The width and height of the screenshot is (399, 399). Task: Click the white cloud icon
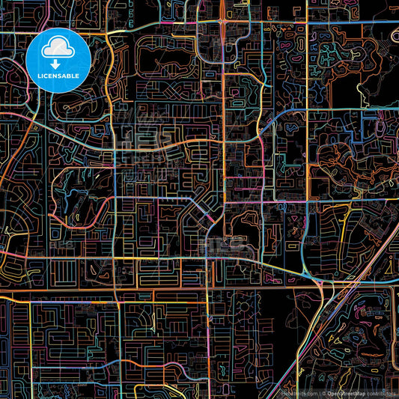tap(58, 49)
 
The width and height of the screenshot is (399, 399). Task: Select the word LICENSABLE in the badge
tap(58, 76)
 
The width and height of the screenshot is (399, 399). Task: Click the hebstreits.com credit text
tap(297, 393)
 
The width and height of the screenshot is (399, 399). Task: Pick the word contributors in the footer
tap(380, 393)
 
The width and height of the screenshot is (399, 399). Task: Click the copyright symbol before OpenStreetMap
tap(323, 393)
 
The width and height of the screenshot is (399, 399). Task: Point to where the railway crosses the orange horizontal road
tap(329, 287)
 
